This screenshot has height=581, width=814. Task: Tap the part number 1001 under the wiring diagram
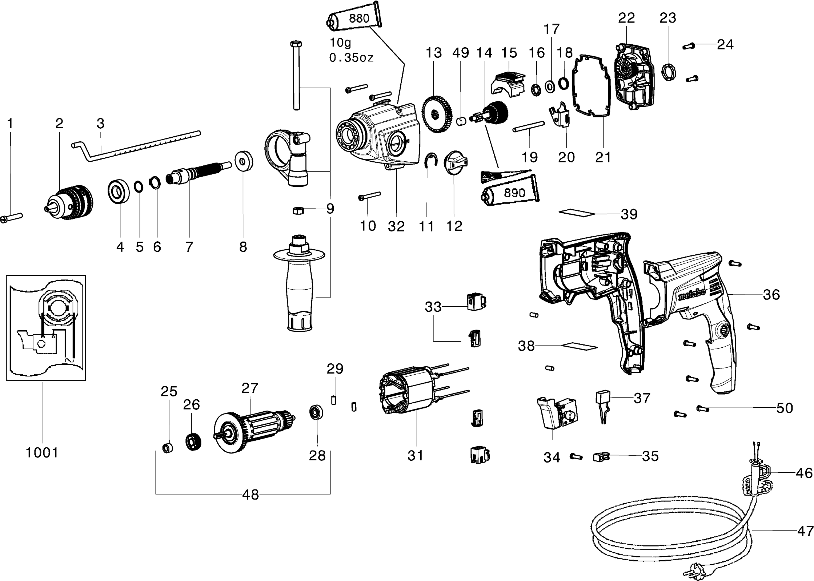coord(42,453)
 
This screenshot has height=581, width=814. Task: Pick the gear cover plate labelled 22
coord(634,76)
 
